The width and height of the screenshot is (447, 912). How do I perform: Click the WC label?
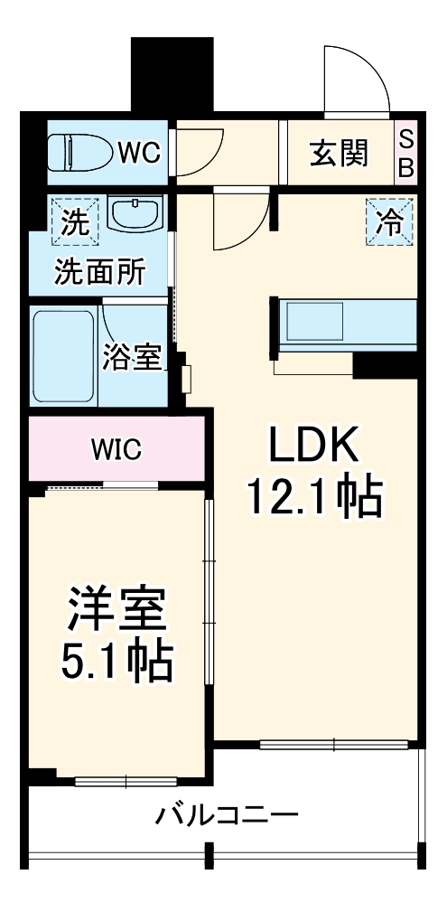pyautogui.click(x=139, y=153)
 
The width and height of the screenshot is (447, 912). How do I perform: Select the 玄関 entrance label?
pyautogui.click(x=340, y=153)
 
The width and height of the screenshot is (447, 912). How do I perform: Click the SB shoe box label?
pyautogui.click(x=406, y=153)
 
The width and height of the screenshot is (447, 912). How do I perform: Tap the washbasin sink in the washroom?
pyautogui.click(x=135, y=215)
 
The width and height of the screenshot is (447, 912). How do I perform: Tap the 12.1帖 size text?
pyautogui.click(x=315, y=496)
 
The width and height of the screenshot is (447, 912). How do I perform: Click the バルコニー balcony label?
pyautogui.click(x=227, y=817)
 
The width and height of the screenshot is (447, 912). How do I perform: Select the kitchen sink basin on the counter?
pyautogui.click(x=314, y=321)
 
